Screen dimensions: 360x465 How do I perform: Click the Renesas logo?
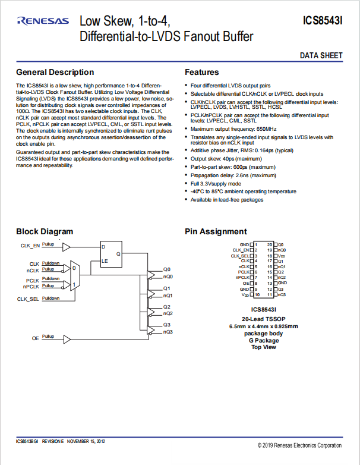coord(43,21)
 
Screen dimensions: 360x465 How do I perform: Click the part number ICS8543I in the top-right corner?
coord(323,21)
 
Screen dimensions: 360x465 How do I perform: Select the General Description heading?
coord(55,72)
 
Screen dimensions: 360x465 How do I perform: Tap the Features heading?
coord(202,72)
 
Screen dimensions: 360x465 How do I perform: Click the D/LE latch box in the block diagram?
coord(111,254)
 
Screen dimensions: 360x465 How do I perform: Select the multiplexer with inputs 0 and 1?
coord(75,276)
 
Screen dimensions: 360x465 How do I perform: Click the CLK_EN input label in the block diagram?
coord(30,246)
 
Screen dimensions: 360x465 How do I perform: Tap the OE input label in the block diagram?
coord(36,338)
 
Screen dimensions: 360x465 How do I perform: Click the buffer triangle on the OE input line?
coord(67,340)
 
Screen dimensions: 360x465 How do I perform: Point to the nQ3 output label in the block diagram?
coord(168,332)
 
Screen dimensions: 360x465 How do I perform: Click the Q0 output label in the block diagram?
coord(167,269)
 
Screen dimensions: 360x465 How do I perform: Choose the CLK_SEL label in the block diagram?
coord(28,299)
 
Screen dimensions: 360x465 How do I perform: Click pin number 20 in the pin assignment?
coord(270,244)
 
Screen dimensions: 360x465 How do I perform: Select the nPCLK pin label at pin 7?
coord(242,278)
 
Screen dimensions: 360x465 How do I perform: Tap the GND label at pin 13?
coord(282,283)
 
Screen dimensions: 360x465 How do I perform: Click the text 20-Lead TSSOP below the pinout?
coord(264,319)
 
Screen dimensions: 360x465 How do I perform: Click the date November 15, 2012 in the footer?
coord(86,441)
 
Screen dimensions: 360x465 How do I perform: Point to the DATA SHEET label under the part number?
coord(321,55)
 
